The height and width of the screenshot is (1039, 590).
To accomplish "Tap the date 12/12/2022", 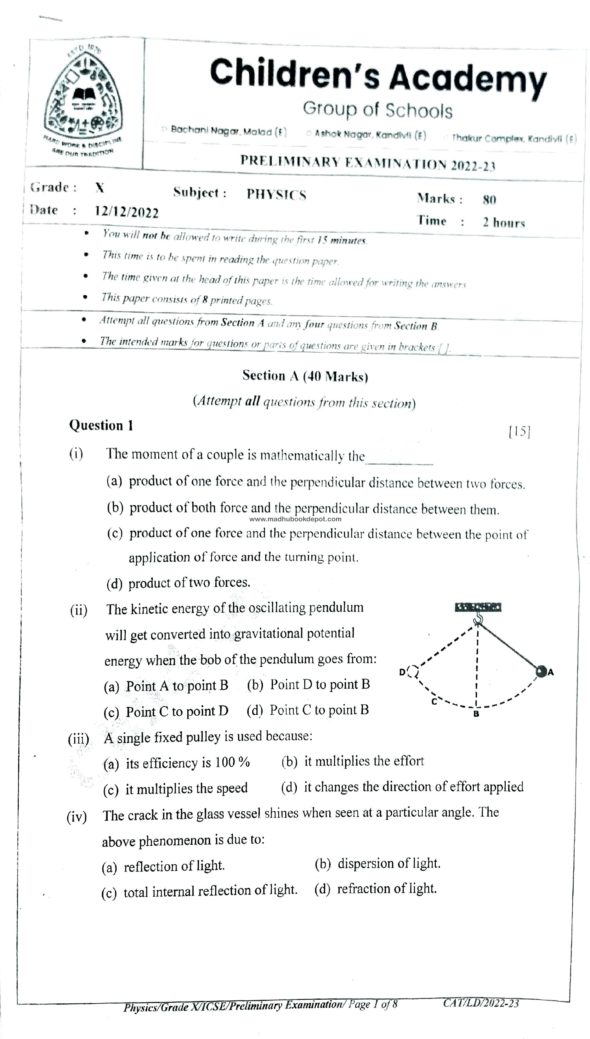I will pos(127,212).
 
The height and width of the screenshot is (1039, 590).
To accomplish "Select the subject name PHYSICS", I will pos(276,195).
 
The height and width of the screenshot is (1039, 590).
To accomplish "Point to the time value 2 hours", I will pos(504,223).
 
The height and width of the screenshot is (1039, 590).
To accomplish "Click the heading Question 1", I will pos(101,425).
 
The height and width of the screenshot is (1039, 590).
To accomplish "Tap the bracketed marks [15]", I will pos(519,431).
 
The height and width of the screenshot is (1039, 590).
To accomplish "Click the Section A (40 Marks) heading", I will pos(305,376).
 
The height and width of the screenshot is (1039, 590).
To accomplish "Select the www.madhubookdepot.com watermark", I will pos(295,519).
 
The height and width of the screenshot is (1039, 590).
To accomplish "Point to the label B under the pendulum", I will pos(476,713).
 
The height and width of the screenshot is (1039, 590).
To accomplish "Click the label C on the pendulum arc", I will pos(434,702).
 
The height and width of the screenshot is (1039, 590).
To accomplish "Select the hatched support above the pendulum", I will pos(478,607).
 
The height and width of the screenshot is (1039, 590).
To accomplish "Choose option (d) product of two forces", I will pos(178,583).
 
